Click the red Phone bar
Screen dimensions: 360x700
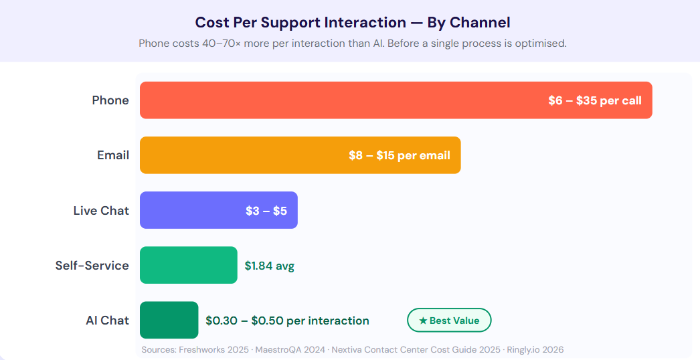(x=335, y=100)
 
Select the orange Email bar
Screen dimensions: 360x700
(x=241, y=155)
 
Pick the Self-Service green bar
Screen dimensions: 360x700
(x=188, y=265)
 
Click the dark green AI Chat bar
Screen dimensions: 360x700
(x=169, y=320)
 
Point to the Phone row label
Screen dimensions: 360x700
(x=110, y=100)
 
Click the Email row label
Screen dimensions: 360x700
(x=113, y=155)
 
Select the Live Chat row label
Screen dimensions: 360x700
(x=101, y=210)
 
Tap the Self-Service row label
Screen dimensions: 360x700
(x=92, y=265)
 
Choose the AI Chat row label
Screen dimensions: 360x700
(x=107, y=320)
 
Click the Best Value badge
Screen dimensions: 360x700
(x=449, y=321)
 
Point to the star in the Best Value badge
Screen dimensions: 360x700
(x=423, y=321)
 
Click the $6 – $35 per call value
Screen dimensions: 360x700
(x=594, y=100)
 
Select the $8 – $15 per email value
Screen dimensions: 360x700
(x=399, y=155)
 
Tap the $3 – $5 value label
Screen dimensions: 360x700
(x=266, y=210)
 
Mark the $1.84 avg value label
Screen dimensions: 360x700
(x=269, y=266)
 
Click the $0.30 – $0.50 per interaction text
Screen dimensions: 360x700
(x=287, y=321)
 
